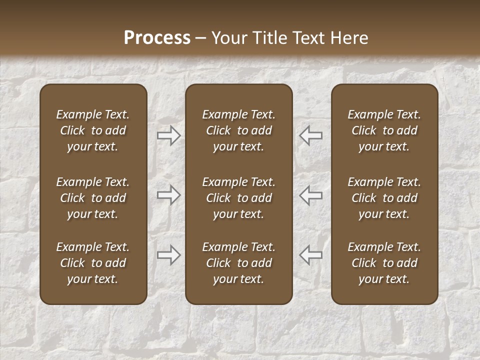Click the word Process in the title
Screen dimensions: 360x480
click(x=157, y=38)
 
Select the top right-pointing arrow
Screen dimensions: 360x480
click(x=169, y=135)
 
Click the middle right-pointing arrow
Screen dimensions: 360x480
click(x=169, y=195)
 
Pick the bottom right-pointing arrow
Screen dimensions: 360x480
click(x=169, y=255)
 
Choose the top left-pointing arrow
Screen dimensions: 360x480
click(x=310, y=135)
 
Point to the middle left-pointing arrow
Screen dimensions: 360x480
click(x=310, y=195)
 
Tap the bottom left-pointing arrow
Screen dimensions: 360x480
click(x=310, y=255)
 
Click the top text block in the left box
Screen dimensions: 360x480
click(x=93, y=130)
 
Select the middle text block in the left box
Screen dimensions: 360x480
click(x=93, y=198)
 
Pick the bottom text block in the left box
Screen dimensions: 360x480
click(x=93, y=263)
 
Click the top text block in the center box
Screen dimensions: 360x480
click(x=238, y=130)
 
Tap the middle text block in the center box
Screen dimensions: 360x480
click(x=238, y=198)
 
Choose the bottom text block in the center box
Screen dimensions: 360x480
click(x=238, y=263)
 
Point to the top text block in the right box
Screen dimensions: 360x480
click(x=384, y=130)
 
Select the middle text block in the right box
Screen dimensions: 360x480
click(x=384, y=198)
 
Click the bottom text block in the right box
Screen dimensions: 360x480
click(x=384, y=263)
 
